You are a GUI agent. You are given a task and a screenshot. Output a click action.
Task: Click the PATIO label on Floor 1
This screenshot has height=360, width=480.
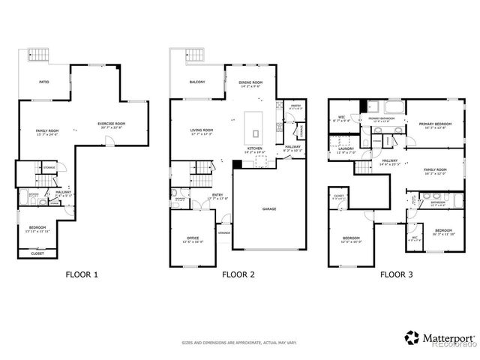[x=44, y=81]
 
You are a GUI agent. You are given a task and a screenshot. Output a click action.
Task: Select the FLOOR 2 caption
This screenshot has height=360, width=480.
[x=238, y=275]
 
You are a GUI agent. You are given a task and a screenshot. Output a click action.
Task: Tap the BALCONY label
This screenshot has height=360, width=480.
[x=197, y=81]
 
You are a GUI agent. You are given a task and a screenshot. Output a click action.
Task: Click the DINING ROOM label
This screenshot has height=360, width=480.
[x=251, y=83]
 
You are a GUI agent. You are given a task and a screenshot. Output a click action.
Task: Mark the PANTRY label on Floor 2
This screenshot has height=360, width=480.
[x=295, y=106]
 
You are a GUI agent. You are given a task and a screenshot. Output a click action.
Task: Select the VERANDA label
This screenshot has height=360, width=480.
[x=223, y=232]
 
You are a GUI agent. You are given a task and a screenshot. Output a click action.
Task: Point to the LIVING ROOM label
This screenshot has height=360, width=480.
[x=202, y=132]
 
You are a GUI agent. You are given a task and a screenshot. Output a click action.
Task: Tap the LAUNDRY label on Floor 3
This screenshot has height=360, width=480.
[x=346, y=149]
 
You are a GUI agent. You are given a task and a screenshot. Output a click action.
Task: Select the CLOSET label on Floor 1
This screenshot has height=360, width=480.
[x=37, y=253]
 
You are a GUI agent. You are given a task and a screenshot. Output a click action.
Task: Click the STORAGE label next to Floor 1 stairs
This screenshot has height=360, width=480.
[x=49, y=167]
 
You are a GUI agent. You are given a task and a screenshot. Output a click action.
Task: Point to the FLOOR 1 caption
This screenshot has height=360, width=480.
[x=82, y=275]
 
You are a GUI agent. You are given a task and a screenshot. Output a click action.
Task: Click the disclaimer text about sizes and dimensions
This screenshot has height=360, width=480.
[x=238, y=343]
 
